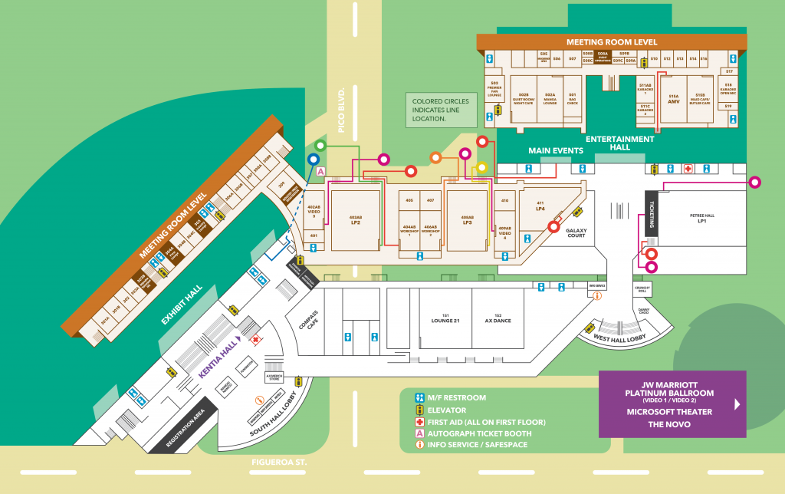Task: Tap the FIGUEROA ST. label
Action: [x=278, y=462]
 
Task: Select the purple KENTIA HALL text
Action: [x=217, y=358]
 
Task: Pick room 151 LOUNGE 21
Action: [x=444, y=320]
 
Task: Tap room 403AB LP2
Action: [x=355, y=219]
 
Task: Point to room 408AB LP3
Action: [x=466, y=221]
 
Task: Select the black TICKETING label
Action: [x=652, y=217]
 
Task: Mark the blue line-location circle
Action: [x=313, y=159]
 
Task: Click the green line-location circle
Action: [x=320, y=145]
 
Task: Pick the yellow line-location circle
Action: [x=482, y=166]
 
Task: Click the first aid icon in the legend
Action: [x=419, y=422]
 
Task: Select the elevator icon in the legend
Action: [x=419, y=410]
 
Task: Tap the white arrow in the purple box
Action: [x=738, y=404]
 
